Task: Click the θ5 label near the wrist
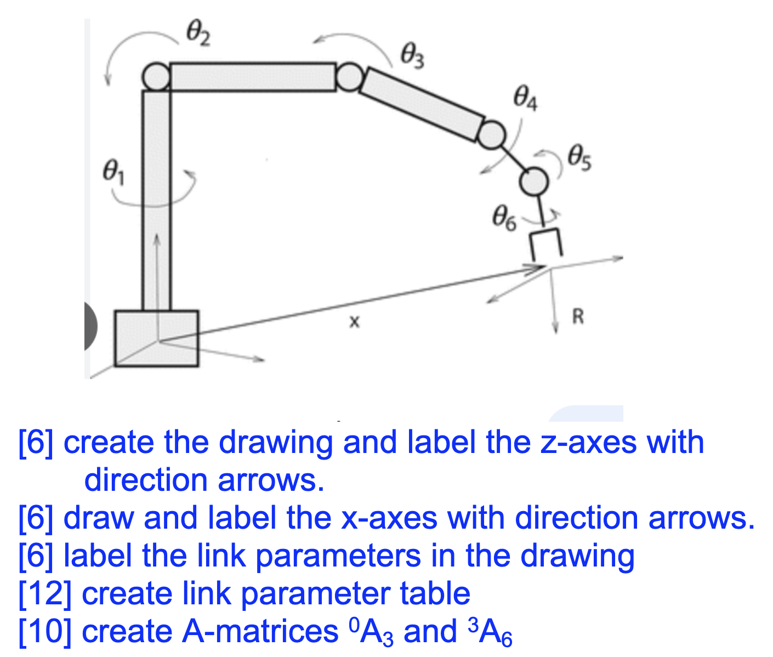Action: (579, 157)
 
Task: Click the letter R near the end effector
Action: (578, 316)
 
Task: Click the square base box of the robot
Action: (156, 338)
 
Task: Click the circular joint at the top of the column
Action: (156, 76)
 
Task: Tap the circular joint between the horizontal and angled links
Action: (348, 77)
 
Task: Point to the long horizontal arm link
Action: (253, 77)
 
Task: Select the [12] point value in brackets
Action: (45, 593)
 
